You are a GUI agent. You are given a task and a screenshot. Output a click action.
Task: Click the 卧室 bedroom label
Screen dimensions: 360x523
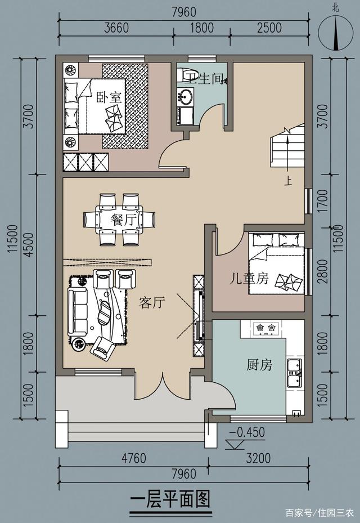(x=109, y=97)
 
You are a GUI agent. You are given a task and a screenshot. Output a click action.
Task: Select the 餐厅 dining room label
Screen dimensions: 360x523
(x=124, y=220)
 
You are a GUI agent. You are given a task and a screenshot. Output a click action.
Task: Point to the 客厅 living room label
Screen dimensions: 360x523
(x=152, y=302)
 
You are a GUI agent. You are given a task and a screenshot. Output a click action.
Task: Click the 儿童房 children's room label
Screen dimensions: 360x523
(x=249, y=278)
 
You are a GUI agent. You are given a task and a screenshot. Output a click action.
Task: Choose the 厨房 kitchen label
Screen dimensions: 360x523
(x=259, y=365)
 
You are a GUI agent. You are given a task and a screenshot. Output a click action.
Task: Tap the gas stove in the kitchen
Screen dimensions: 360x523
(x=265, y=328)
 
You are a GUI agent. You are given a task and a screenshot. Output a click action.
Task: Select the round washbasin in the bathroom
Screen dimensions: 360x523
(x=185, y=97)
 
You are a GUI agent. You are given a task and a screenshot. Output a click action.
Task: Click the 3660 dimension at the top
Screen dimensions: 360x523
(x=116, y=28)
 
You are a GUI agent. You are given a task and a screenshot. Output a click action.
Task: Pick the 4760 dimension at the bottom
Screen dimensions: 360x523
(x=134, y=458)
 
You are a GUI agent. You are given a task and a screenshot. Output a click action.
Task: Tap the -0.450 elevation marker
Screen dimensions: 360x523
(x=247, y=432)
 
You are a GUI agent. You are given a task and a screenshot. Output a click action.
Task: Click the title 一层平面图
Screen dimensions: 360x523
(x=170, y=499)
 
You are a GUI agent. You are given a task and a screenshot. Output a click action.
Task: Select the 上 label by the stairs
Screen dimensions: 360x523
(x=288, y=181)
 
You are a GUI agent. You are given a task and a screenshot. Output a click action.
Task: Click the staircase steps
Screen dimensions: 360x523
(x=287, y=146)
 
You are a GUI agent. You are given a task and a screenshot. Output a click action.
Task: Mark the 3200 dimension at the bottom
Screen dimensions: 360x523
(x=258, y=458)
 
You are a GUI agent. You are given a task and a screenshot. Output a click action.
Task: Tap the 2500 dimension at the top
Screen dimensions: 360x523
(x=269, y=28)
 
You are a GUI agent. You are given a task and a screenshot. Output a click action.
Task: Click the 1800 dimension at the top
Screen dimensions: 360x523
(x=202, y=28)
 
